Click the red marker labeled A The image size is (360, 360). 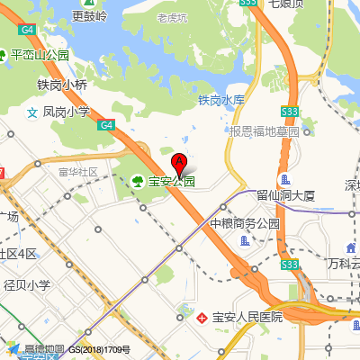178,165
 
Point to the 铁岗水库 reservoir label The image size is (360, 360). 221,100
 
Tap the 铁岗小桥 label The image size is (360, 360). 62,85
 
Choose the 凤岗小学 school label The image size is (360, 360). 67,112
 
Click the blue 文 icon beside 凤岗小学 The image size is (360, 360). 32,112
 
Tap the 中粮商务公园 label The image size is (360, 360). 245,223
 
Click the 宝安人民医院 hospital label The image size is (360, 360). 247,317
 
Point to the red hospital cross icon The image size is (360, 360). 203,317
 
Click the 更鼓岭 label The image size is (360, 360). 90,16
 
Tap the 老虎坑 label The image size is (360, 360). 172,17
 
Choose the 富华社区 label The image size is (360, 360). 77,171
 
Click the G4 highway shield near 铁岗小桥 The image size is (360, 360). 106,125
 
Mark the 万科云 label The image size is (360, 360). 343,264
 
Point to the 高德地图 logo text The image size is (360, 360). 44,349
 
